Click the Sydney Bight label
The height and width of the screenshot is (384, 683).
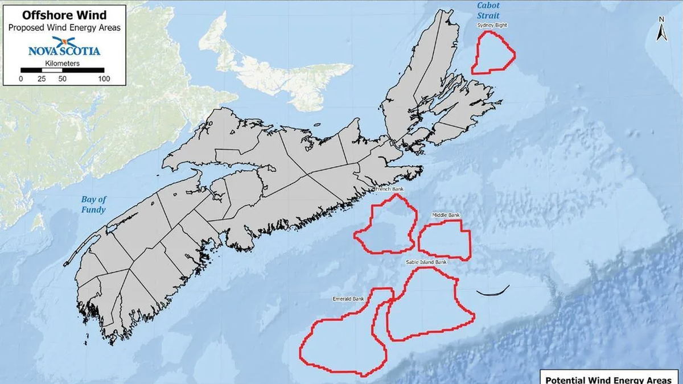[x=493, y=26]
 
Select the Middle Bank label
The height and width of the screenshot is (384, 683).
[x=446, y=215]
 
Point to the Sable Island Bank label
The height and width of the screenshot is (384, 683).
[x=427, y=262]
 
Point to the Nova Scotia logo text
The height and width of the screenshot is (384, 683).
[x=64, y=51]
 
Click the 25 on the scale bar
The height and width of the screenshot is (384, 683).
[x=42, y=79]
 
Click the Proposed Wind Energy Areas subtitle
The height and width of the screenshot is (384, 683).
[x=64, y=28]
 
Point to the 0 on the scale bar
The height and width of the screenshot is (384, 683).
[x=21, y=79]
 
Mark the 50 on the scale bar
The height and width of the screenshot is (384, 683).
[x=61, y=79]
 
